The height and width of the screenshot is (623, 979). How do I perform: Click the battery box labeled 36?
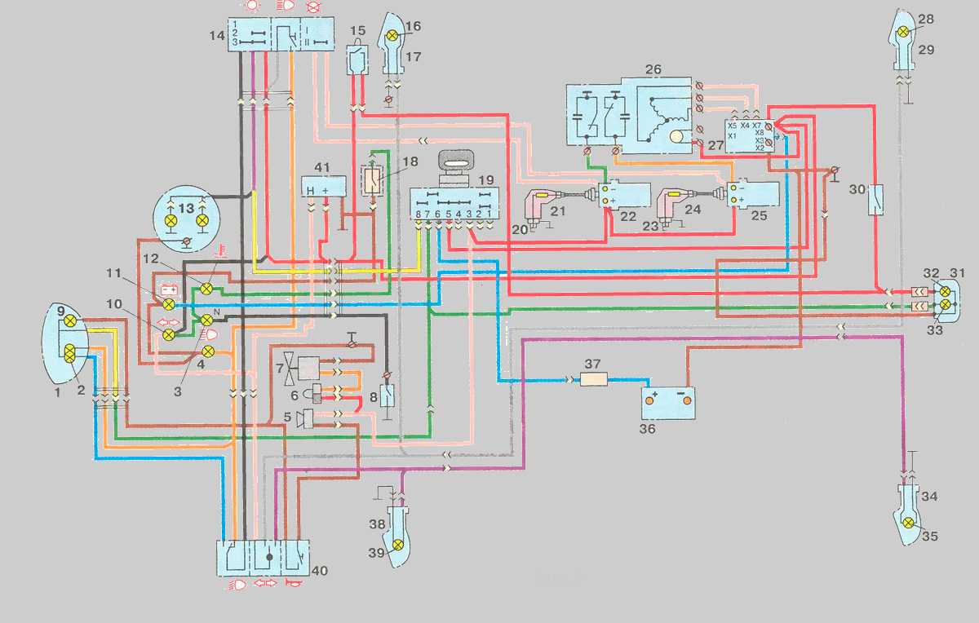click(668, 402)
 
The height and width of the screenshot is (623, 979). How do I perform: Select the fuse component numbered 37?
click(593, 380)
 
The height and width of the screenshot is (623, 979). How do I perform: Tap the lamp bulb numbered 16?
click(392, 36)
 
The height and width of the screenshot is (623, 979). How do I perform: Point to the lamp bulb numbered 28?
click(904, 32)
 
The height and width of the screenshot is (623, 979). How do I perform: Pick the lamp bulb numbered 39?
click(398, 545)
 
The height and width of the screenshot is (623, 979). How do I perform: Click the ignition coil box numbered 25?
click(755, 197)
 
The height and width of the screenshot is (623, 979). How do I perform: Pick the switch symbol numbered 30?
click(875, 197)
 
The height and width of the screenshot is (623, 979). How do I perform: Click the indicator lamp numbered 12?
click(207, 289)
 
